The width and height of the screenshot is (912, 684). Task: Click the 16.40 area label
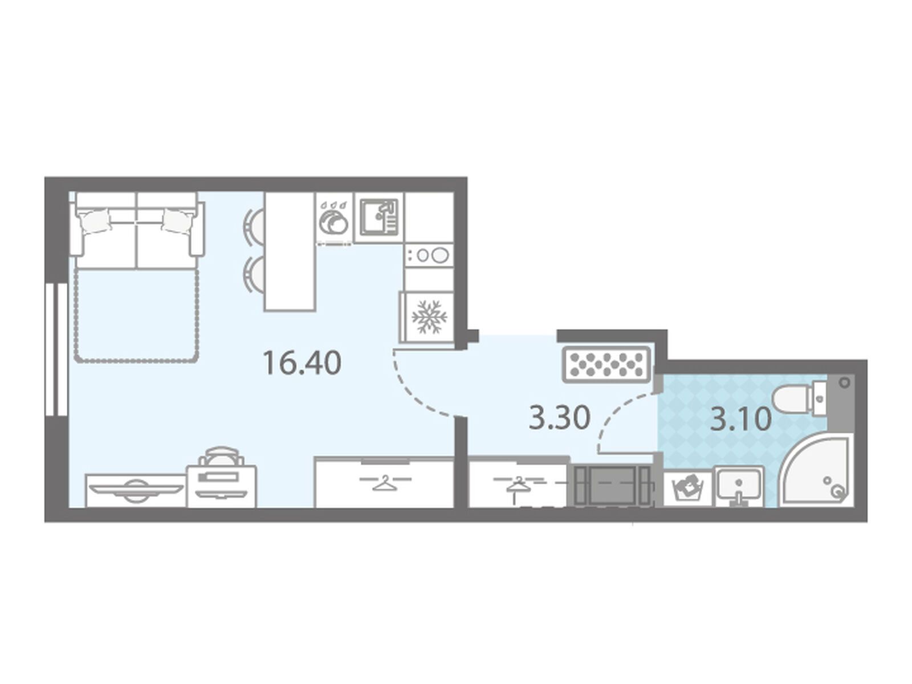302,363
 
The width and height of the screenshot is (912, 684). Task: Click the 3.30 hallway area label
559,417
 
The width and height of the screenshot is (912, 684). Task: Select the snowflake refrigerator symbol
429,316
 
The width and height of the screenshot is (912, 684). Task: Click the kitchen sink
378,217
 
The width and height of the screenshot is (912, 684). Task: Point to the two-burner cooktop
429,255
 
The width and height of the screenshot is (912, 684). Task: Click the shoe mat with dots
606,365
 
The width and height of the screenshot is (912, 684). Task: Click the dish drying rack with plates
333,222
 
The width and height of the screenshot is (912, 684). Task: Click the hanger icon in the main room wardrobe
384,483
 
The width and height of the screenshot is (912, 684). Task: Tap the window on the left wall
56,349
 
